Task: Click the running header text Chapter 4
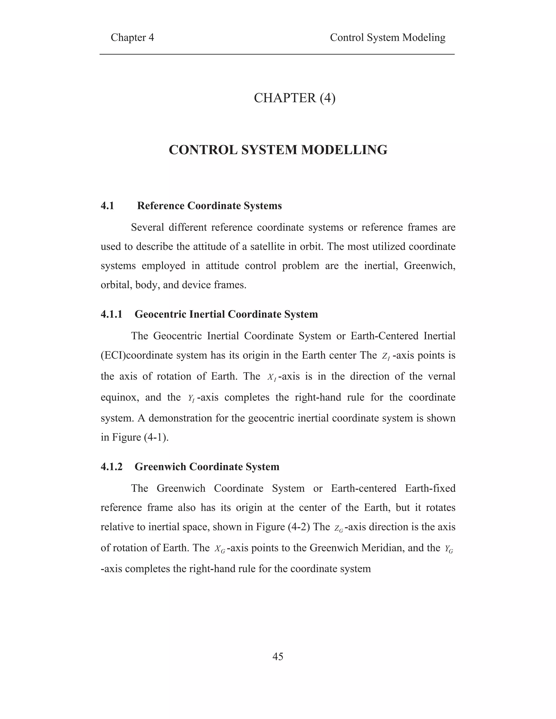coord(132,37)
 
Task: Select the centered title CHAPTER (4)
coord(295,98)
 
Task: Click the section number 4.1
coord(108,206)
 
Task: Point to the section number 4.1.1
coord(111,314)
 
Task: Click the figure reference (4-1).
coord(156,438)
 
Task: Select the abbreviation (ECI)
coord(113,355)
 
